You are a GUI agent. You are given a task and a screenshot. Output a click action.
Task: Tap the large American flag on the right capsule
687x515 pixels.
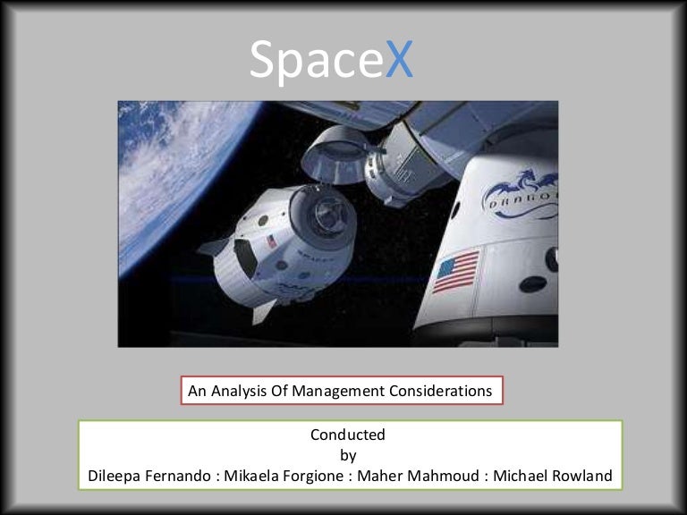[456, 271]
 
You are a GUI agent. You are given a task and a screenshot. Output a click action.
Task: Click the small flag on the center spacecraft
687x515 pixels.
[270, 241]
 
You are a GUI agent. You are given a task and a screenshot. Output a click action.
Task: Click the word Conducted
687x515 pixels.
[348, 435]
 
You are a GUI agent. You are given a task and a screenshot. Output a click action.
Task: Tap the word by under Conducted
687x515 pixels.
[348, 455]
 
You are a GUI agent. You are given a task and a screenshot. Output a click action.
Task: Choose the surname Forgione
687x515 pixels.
[317, 476]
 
